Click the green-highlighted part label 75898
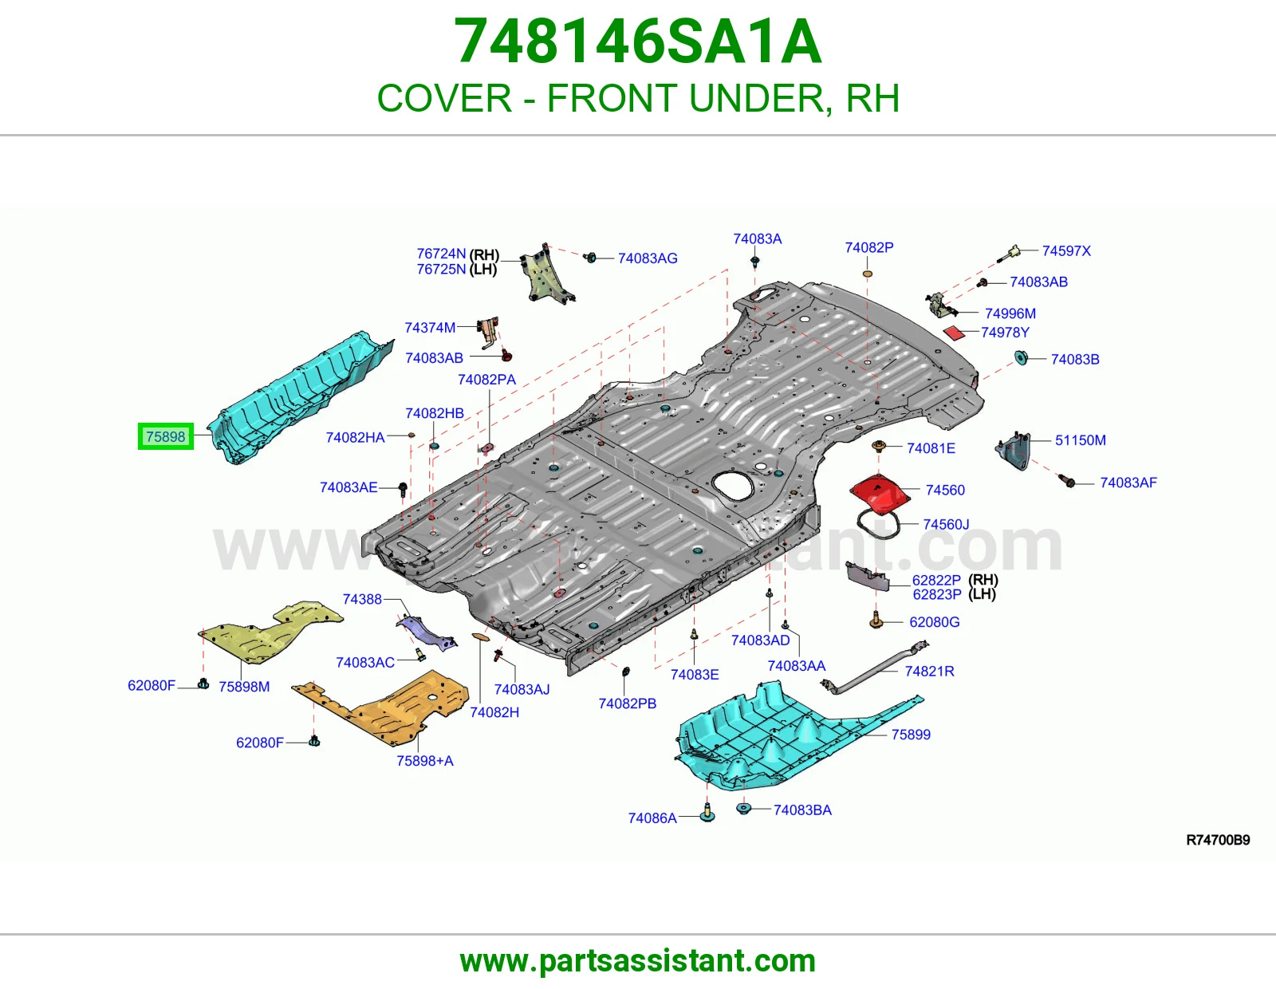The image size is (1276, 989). pyautogui.click(x=166, y=436)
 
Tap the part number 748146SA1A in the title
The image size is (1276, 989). pyautogui.click(x=638, y=41)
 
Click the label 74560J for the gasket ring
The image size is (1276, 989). pyautogui.click(x=946, y=524)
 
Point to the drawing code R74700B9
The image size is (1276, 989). pyautogui.click(x=1218, y=840)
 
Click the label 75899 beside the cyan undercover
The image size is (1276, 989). pyautogui.click(x=911, y=734)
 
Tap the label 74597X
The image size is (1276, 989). pyautogui.click(x=1066, y=250)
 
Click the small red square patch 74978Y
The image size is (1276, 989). pyautogui.click(x=955, y=333)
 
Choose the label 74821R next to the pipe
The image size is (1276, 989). pyautogui.click(x=930, y=671)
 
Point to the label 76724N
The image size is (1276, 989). pyautogui.click(x=441, y=254)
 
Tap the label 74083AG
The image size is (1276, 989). pyautogui.click(x=648, y=258)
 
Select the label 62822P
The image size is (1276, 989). pyautogui.click(x=936, y=581)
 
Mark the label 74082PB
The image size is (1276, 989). pyautogui.click(x=627, y=703)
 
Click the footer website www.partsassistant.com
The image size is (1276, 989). pyautogui.click(x=638, y=961)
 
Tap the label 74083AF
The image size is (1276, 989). pyautogui.click(x=1128, y=483)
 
